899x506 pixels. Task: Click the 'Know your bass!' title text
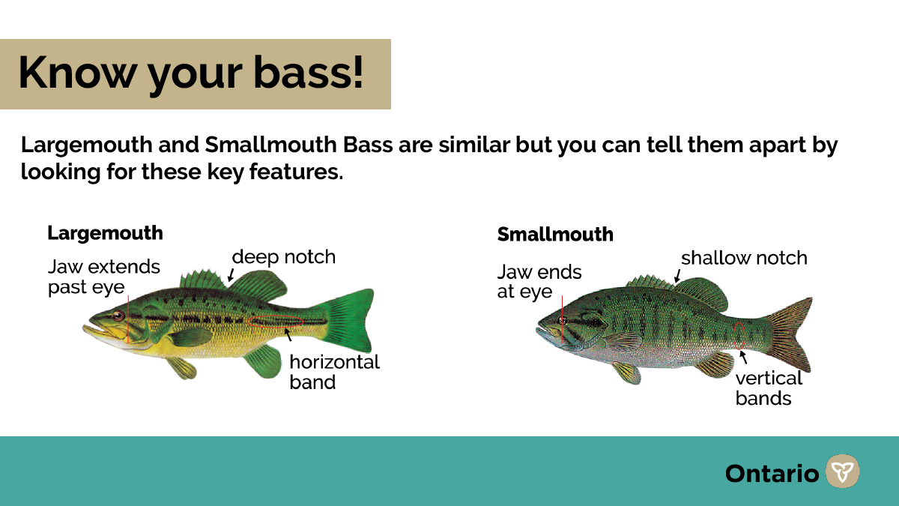pos(191,74)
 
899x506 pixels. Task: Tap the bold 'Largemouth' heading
pos(105,234)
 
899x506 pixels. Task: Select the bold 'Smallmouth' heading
pos(555,235)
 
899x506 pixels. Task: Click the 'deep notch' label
pos(284,257)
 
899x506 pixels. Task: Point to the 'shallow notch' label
pos(744,258)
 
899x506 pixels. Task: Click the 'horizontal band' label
pos(334,372)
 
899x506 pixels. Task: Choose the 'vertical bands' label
pos(769,388)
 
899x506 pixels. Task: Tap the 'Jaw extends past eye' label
pos(104,277)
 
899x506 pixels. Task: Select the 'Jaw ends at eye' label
pos(539,282)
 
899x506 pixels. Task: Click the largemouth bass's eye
pos(118,316)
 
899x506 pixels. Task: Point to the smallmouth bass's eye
pos(562,321)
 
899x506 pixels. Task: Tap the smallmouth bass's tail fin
pos(789,334)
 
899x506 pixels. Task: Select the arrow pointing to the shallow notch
pos(677,277)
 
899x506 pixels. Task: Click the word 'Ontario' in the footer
pos(772,474)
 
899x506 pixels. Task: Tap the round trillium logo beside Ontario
pos(842,471)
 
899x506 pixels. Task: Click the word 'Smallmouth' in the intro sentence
pos(271,145)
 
